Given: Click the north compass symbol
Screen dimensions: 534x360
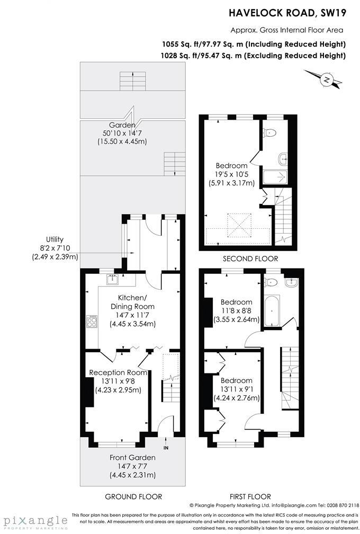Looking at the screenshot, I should click(327, 80).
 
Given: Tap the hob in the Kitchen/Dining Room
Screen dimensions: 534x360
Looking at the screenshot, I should click(92, 321).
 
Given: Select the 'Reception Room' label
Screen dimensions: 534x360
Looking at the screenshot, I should click(118, 373).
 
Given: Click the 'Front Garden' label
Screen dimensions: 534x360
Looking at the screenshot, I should click(132, 458).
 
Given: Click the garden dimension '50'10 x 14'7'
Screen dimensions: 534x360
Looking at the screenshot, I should click(122, 133).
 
